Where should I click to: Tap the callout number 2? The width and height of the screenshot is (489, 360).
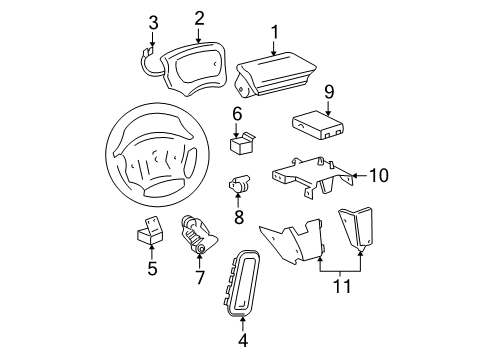199,16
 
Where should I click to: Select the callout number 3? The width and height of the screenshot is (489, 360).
153,22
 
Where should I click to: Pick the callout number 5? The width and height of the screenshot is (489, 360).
151,268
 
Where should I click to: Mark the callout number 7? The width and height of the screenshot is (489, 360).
199,277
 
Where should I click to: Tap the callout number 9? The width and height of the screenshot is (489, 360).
329,91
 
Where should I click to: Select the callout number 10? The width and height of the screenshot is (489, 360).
377,175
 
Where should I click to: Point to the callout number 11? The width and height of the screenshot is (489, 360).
341,287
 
